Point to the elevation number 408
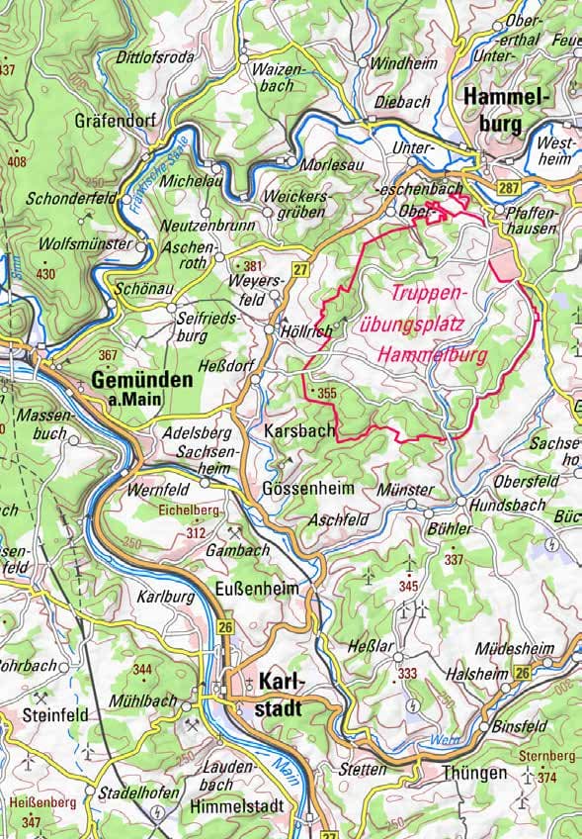pyautogui.click(x=17, y=161)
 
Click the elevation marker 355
pyautogui.click(x=327, y=393)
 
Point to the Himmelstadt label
pyautogui.click(x=236, y=806)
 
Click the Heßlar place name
pyautogui.click(x=374, y=646)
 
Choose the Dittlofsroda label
pyautogui.click(x=157, y=56)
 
